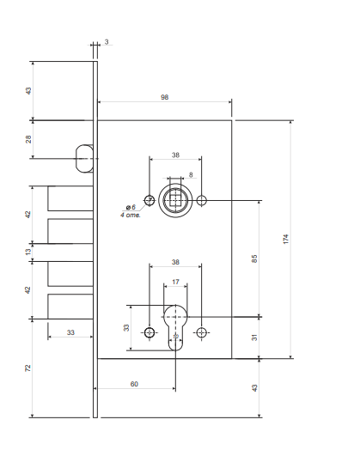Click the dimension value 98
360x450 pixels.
pos(164,97)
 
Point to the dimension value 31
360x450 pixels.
pos(254,337)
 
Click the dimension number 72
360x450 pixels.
pos(28,368)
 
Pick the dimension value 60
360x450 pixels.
pos(134,384)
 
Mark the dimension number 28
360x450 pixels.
pos(28,137)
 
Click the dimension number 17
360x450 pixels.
pos(175,281)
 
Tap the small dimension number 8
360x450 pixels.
pos(190,174)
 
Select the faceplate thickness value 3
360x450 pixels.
pos(107,40)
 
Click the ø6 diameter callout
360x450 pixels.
pos(131,208)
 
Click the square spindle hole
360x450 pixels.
pos(175,201)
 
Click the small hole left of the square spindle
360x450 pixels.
pos(149,201)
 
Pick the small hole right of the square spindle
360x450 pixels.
pos(201,201)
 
